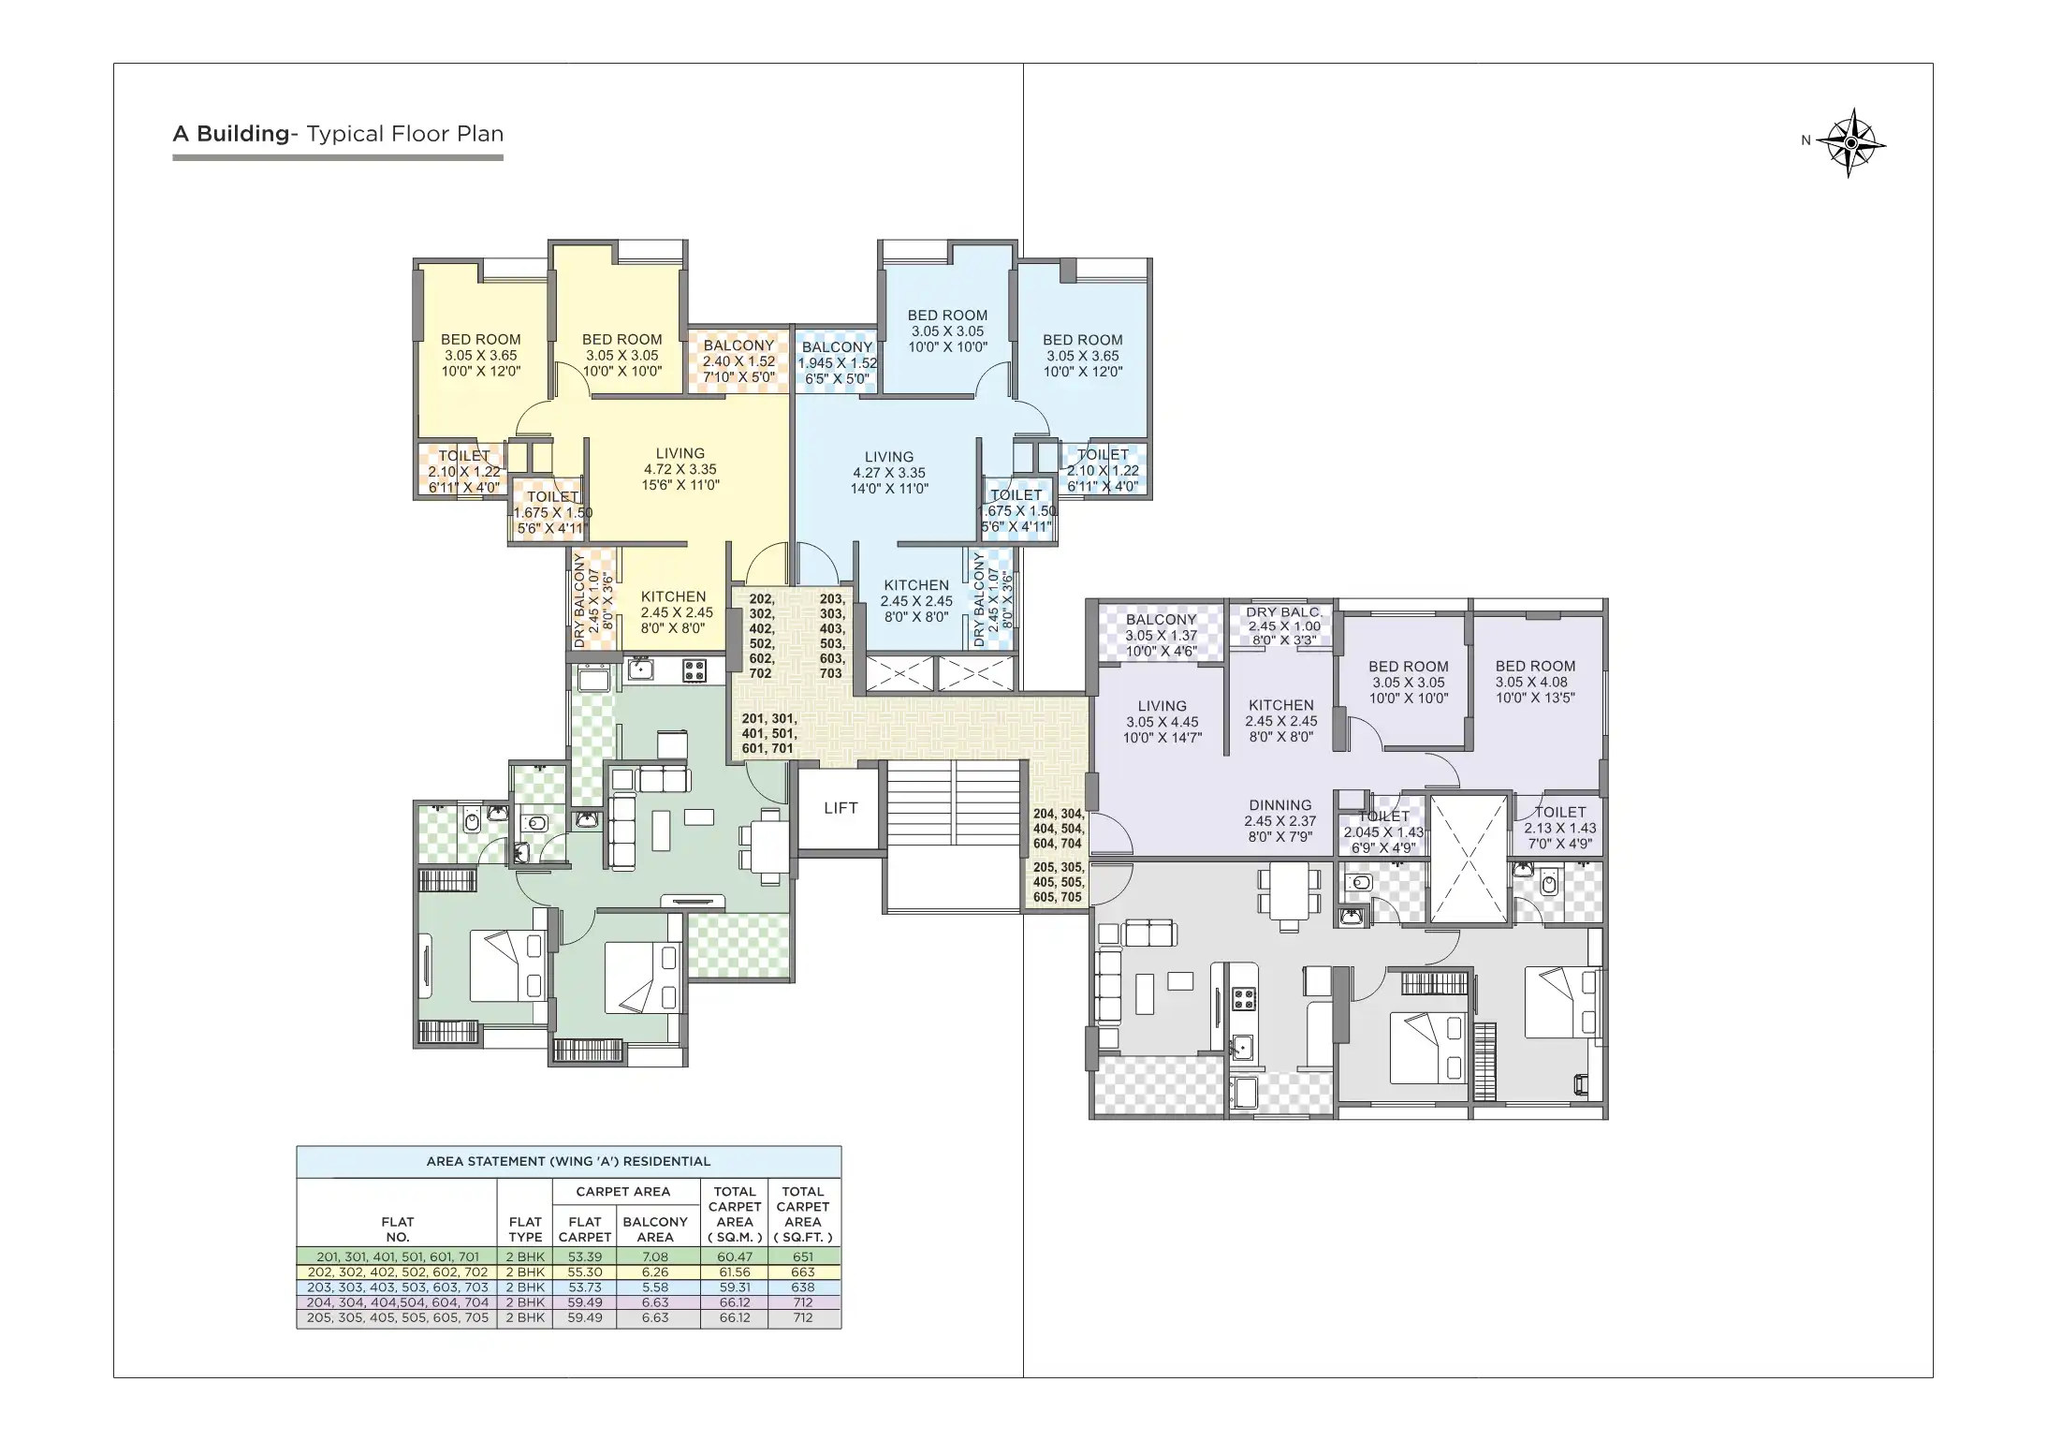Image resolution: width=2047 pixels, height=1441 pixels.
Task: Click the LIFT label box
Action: [x=840, y=808]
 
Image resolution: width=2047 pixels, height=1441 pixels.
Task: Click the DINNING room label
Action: [x=1279, y=820]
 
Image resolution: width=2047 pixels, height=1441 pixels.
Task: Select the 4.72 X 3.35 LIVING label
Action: [x=680, y=469]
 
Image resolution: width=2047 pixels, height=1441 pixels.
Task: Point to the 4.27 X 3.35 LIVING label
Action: [x=888, y=473]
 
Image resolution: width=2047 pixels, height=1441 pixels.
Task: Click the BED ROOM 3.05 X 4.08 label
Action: [x=1534, y=682]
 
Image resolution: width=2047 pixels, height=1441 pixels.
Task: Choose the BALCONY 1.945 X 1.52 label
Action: [x=837, y=362]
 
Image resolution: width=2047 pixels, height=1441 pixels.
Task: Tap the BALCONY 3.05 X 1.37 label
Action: [x=1161, y=635]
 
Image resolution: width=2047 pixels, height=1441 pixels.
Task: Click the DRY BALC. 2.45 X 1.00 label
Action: [x=1283, y=625]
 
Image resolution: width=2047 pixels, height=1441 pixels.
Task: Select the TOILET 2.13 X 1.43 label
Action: [x=1559, y=827]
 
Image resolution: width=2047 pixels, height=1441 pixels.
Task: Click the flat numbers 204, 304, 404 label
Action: [x=1058, y=829]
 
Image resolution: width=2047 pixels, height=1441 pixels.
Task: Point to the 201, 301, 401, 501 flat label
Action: [x=768, y=733]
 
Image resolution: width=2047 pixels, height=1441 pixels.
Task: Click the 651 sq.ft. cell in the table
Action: [x=802, y=1257]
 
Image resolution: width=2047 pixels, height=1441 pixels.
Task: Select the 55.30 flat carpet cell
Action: [x=584, y=1272]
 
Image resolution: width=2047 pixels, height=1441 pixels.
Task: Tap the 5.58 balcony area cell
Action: [x=654, y=1287]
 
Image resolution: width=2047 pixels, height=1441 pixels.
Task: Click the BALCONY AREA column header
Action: [x=654, y=1228]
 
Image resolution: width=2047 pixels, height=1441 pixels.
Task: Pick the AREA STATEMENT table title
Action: [x=568, y=1161]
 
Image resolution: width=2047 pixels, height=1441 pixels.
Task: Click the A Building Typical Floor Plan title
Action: [x=338, y=134]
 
